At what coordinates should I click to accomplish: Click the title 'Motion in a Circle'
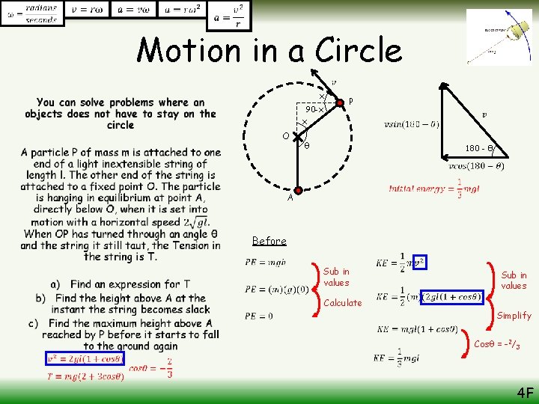point(269,50)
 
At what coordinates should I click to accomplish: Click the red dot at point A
point(299,191)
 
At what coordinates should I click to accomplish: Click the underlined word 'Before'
point(269,241)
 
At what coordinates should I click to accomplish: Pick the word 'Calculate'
point(342,303)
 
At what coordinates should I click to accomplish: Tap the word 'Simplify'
point(514,316)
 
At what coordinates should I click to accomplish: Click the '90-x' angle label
point(314,109)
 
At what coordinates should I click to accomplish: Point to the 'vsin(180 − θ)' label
point(411,123)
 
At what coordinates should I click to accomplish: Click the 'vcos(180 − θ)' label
point(475,166)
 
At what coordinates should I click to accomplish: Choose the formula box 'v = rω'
point(88,11)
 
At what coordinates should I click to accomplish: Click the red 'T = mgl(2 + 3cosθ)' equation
point(85,376)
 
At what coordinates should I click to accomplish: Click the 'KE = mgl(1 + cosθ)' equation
point(417,328)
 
